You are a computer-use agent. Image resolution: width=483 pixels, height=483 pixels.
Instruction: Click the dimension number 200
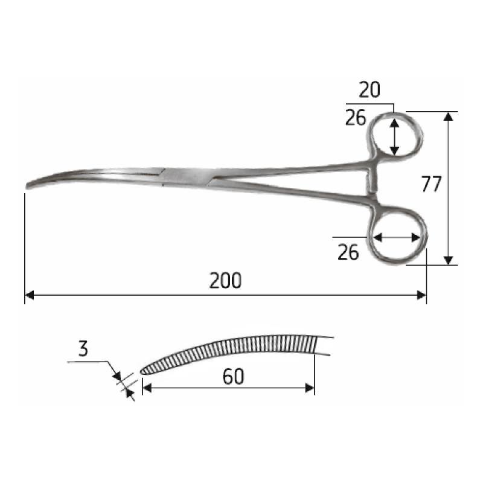225,281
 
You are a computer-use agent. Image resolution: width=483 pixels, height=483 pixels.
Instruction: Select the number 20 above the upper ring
369,91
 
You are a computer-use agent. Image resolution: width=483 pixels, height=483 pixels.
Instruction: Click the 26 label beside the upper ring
356,118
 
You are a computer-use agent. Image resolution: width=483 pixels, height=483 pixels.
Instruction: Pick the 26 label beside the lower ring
348,252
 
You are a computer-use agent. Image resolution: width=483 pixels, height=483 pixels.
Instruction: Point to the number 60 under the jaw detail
233,377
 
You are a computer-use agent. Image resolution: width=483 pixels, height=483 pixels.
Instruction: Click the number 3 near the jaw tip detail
83,348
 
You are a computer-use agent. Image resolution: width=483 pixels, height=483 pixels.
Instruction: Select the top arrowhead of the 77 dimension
448,116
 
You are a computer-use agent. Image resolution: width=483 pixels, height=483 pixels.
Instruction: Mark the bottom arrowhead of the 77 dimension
448,260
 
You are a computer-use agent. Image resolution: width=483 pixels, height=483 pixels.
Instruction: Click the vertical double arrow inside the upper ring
394,136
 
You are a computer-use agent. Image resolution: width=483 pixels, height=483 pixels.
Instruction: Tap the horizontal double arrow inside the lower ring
396,238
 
